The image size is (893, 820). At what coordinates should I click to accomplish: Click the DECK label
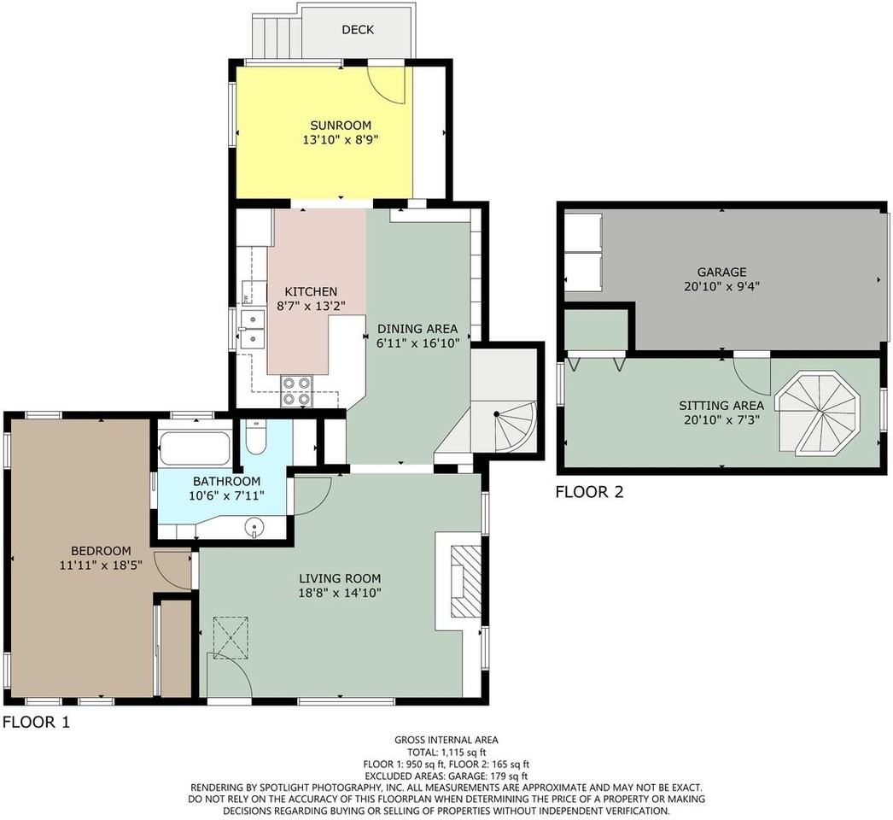click(358, 30)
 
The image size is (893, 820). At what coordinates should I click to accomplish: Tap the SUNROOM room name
click(341, 126)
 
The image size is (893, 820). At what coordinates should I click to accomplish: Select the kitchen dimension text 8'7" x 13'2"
click(311, 306)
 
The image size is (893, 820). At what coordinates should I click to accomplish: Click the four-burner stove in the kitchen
click(297, 391)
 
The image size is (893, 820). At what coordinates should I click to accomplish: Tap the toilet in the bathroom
click(256, 437)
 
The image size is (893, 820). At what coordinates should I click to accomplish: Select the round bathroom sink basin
click(254, 527)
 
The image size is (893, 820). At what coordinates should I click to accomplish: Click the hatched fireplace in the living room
click(466, 581)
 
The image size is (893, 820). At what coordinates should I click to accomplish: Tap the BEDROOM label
click(101, 551)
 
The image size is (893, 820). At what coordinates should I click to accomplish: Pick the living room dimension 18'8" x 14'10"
click(340, 593)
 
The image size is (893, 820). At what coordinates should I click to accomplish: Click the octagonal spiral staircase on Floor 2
click(820, 413)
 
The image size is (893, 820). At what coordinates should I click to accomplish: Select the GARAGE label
click(721, 272)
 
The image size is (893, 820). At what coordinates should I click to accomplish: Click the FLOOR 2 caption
click(589, 492)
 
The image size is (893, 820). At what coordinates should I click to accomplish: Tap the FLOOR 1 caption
click(36, 723)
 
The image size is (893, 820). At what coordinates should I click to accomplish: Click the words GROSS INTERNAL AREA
click(446, 741)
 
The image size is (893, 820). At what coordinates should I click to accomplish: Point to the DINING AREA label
click(417, 329)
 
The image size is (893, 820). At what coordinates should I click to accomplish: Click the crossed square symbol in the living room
click(231, 638)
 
